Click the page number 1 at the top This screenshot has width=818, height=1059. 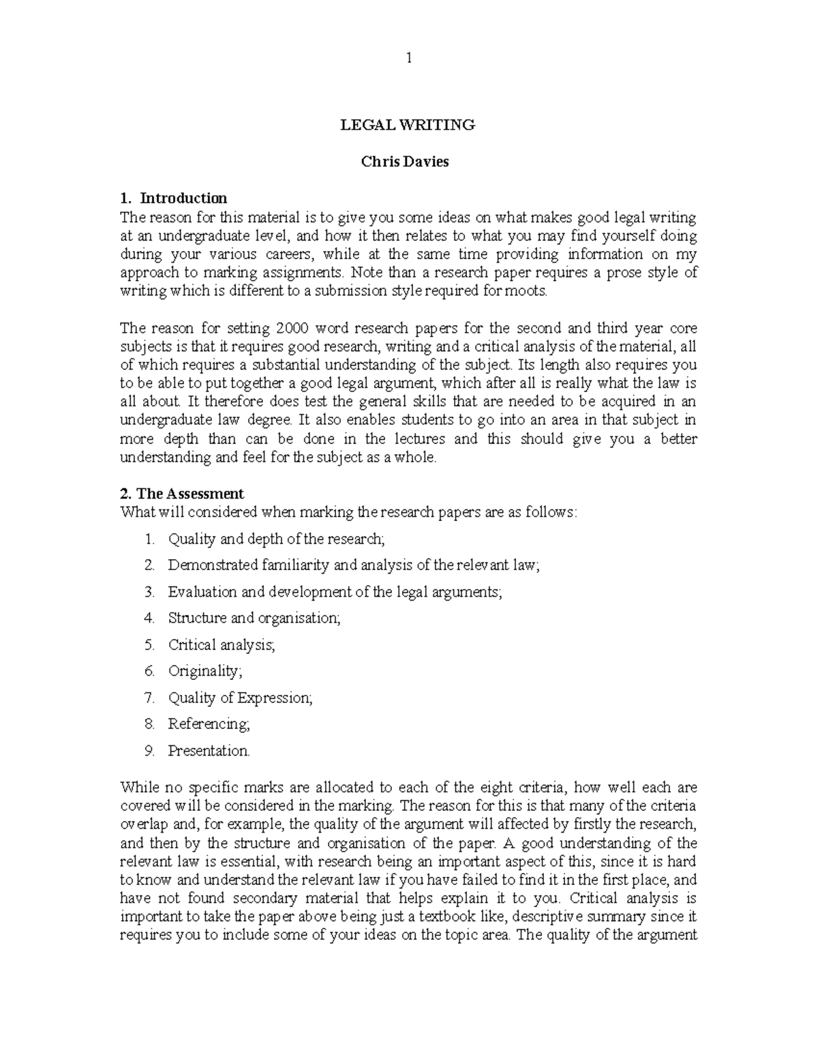pos(409,58)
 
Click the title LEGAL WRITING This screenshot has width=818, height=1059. pos(408,125)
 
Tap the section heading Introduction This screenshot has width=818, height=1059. pos(183,198)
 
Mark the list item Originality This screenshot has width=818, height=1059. pos(204,671)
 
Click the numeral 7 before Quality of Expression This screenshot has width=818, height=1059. pos(149,698)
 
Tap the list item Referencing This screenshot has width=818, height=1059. pos(209,724)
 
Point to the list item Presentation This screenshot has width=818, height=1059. pos(209,751)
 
